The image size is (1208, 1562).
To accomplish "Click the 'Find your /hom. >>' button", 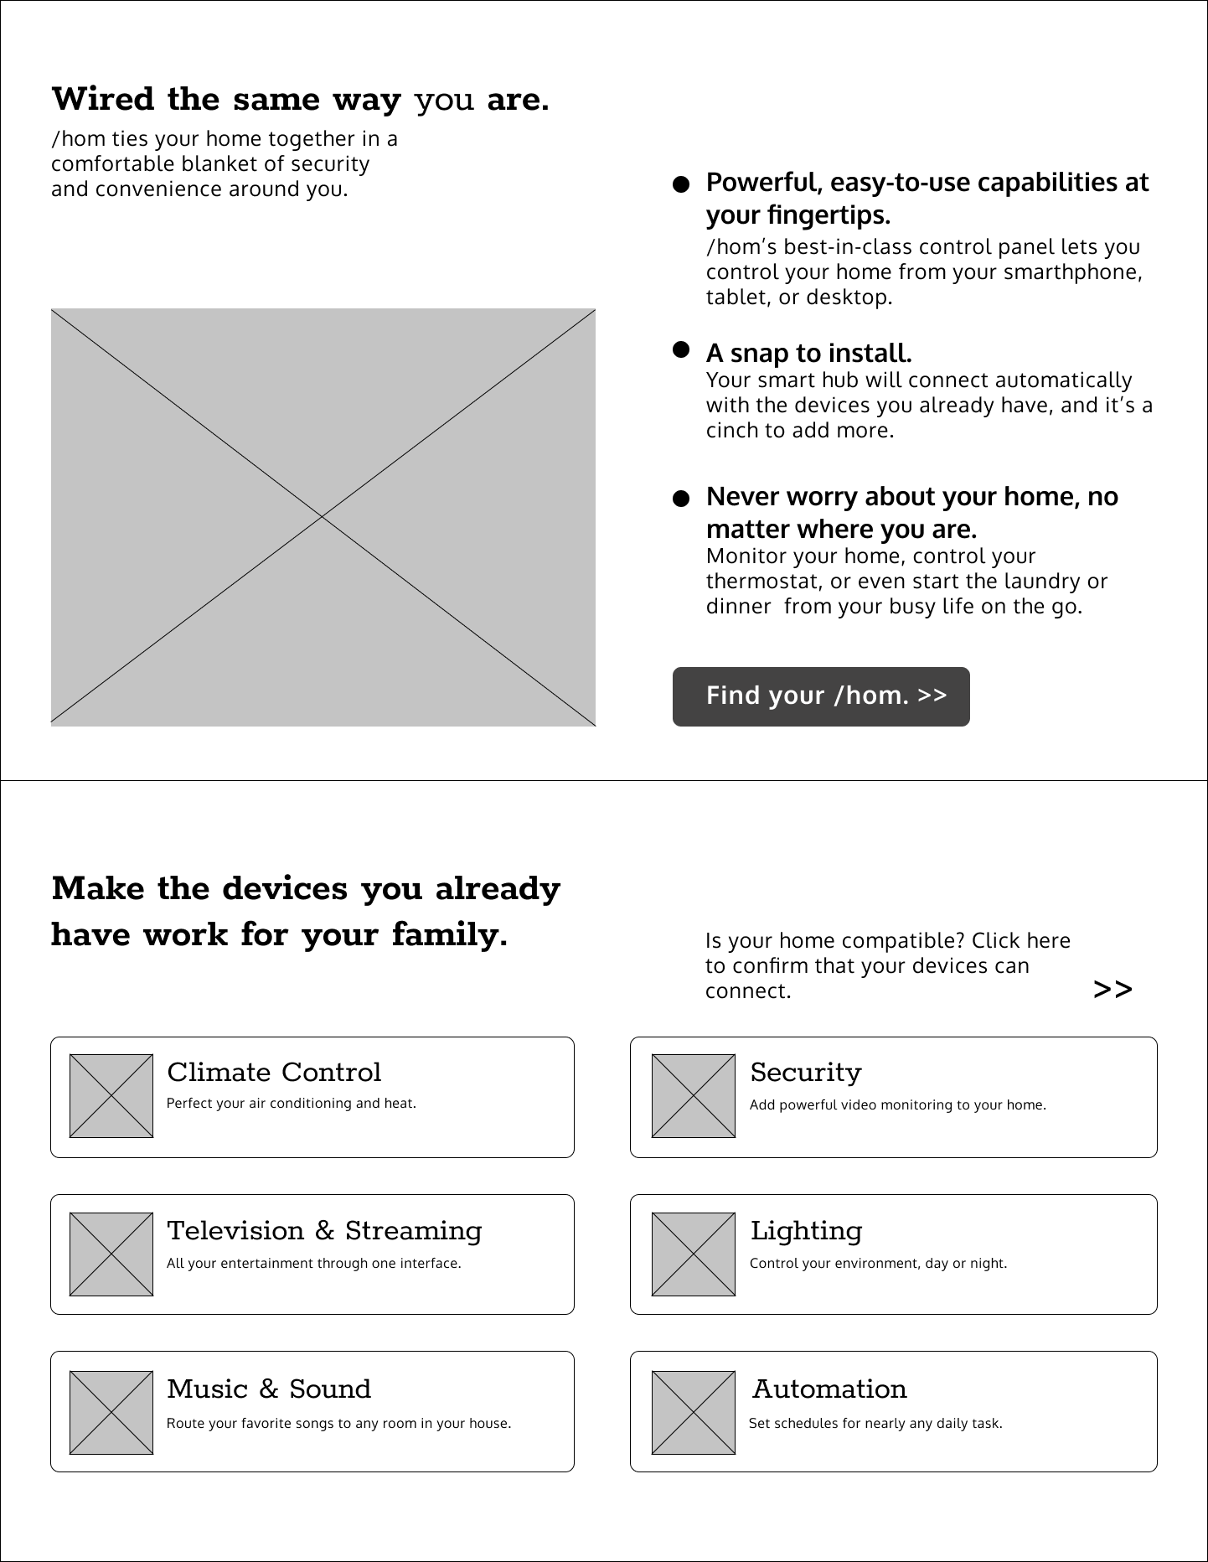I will click(821, 696).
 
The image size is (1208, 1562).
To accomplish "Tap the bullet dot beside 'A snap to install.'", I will click(681, 349).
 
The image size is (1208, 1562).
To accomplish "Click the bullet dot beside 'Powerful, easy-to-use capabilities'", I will click(681, 184).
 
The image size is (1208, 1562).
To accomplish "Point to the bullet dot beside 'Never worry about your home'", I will click(681, 499).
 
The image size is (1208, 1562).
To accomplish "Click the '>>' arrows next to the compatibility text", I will click(1112, 990).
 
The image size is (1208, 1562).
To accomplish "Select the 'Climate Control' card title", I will click(274, 1073).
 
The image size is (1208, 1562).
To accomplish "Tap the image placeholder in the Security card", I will click(694, 1096).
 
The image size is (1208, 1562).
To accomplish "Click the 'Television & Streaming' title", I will click(324, 1231).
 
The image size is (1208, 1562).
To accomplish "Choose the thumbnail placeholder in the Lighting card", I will click(694, 1254).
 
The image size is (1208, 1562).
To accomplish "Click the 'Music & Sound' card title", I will click(269, 1389).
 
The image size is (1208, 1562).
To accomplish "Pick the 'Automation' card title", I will click(829, 1389).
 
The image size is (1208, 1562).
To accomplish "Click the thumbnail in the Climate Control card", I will click(111, 1096).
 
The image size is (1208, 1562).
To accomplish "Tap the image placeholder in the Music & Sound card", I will click(111, 1413).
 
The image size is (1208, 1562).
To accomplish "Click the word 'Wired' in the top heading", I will click(103, 100).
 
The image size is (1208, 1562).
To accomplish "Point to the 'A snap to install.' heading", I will click(808, 354).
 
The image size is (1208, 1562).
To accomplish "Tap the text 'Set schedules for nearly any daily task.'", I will click(875, 1423).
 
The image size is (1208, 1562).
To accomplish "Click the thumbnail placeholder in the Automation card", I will click(694, 1413).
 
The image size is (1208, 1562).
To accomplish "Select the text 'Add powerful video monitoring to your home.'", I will click(897, 1105).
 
